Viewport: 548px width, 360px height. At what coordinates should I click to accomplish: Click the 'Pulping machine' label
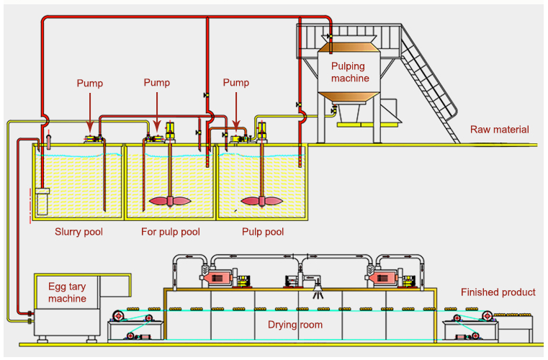click(x=350, y=72)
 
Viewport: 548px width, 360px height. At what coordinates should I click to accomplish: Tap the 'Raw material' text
click(x=499, y=130)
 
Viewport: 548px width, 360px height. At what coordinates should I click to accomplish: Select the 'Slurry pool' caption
click(x=79, y=232)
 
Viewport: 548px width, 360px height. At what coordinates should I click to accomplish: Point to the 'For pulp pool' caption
click(x=170, y=232)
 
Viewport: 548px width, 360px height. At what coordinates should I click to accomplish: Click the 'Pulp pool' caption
click(x=262, y=232)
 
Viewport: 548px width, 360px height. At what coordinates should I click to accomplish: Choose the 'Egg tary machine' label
click(x=67, y=292)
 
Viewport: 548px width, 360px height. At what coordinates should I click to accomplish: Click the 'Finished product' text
click(x=498, y=292)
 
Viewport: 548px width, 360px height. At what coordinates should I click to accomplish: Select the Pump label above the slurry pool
click(x=90, y=83)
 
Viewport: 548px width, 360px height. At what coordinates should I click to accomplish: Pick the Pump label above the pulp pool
click(x=235, y=83)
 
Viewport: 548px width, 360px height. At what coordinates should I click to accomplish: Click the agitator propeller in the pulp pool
click(x=260, y=202)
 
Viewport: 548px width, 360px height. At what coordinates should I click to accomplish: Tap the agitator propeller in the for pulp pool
click(x=169, y=202)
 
